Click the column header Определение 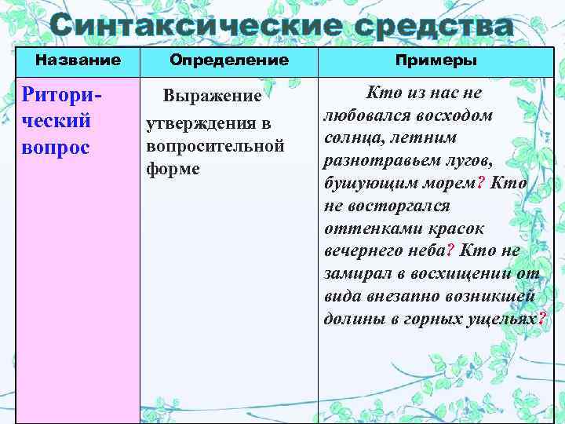coord(228,60)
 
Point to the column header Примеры coord(436,60)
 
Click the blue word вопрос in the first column coord(56,148)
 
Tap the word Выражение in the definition coord(212,96)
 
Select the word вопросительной coord(214,147)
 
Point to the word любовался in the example coord(362,115)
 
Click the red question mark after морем coord(481,184)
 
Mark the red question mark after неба coord(450,250)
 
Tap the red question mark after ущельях coord(542,319)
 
